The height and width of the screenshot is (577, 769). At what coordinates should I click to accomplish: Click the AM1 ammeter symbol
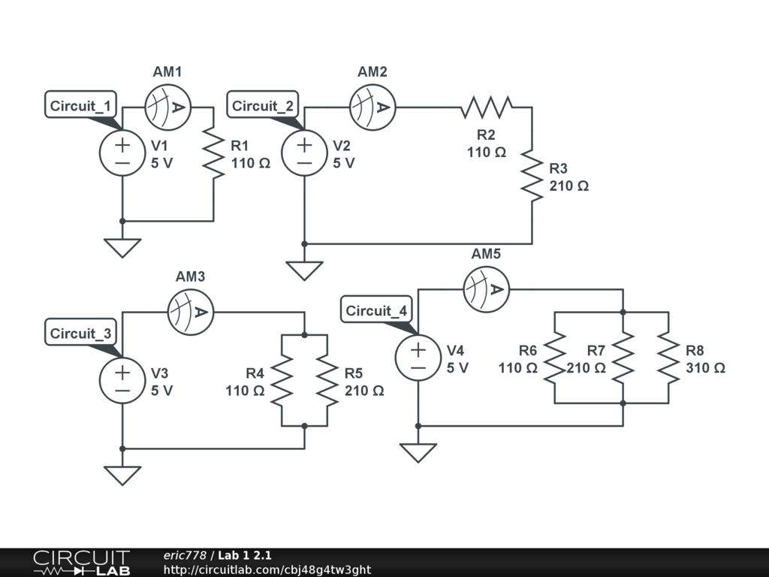[168, 107]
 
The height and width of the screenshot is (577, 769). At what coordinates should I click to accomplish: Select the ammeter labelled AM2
[372, 107]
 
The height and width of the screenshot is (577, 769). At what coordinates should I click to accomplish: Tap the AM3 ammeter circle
[191, 311]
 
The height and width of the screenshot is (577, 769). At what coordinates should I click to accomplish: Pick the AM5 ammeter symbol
[486, 288]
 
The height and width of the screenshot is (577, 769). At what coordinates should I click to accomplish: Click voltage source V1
[122, 153]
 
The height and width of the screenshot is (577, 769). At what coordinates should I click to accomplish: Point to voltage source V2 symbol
[304, 153]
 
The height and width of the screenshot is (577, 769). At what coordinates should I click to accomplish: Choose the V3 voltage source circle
[122, 379]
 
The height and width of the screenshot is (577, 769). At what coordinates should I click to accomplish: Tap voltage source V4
[418, 357]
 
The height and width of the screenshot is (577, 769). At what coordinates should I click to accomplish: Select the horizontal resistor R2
[486, 107]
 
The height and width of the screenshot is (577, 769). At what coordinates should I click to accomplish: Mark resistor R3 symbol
[532, 175]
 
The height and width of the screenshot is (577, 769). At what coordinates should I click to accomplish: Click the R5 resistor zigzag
[327, 379]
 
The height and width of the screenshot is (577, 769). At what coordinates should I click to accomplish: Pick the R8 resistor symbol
[668, 357]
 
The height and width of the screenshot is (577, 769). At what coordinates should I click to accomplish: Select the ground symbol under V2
[304, 270]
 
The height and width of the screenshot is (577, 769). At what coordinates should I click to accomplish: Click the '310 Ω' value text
[705, 368]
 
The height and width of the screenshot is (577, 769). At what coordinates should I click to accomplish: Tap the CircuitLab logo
[80, 563]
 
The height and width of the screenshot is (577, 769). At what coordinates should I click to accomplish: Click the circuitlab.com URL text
[267, 570]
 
